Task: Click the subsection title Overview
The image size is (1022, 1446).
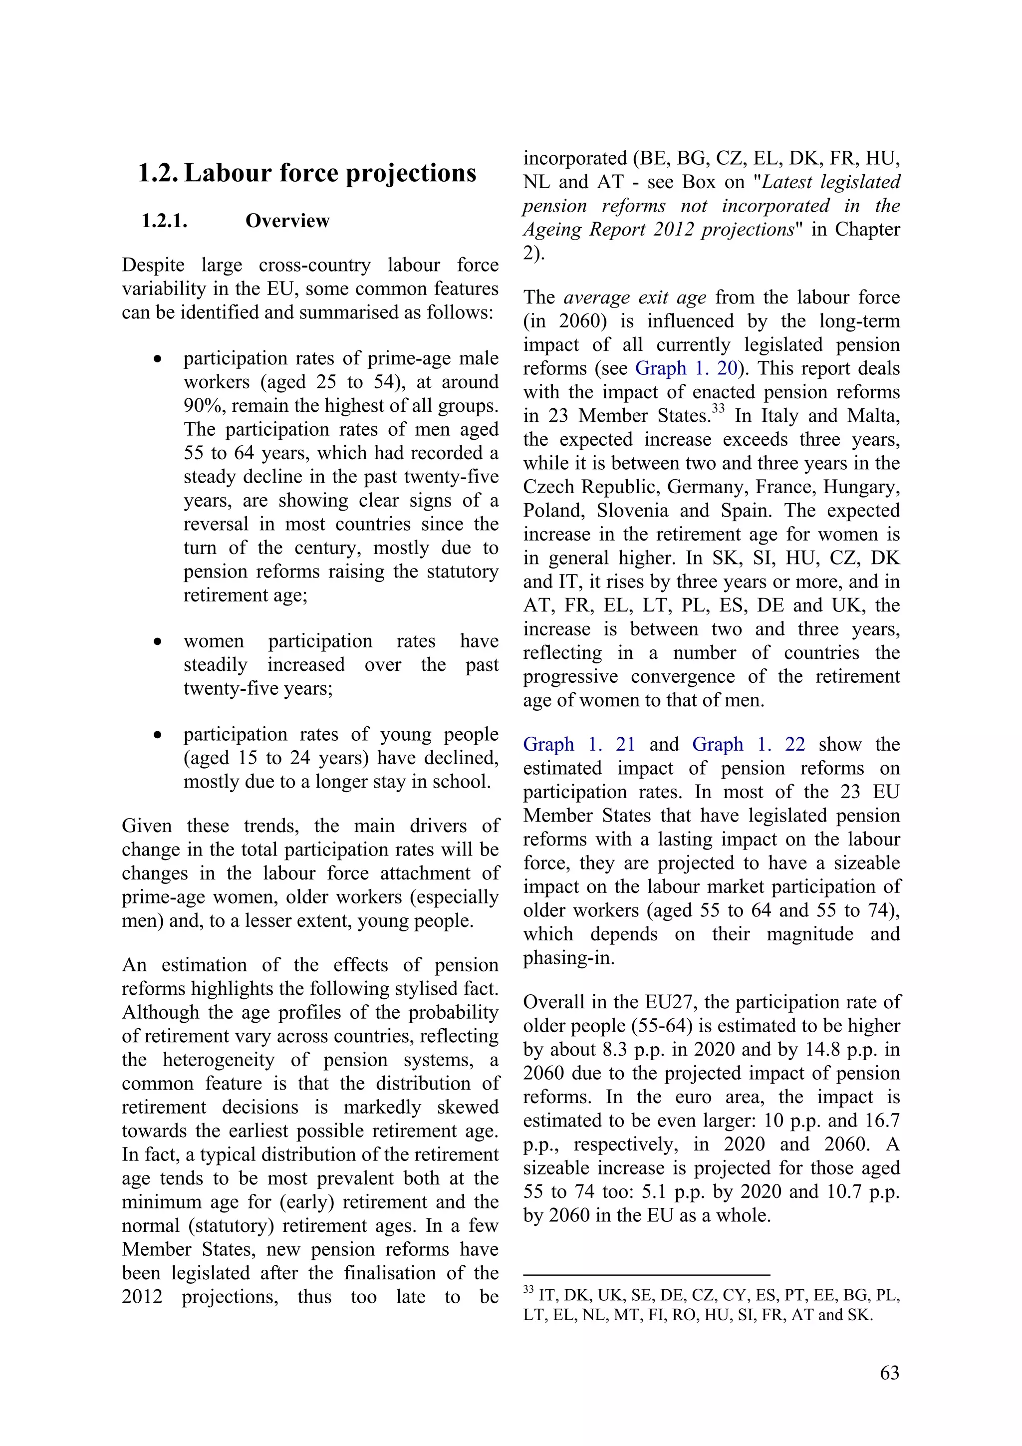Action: pos(287,221)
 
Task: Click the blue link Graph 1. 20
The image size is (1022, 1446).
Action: pos(686,368)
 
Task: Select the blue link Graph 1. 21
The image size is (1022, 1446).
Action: pos(579,744)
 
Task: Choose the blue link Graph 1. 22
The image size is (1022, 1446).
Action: pos(748,744)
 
